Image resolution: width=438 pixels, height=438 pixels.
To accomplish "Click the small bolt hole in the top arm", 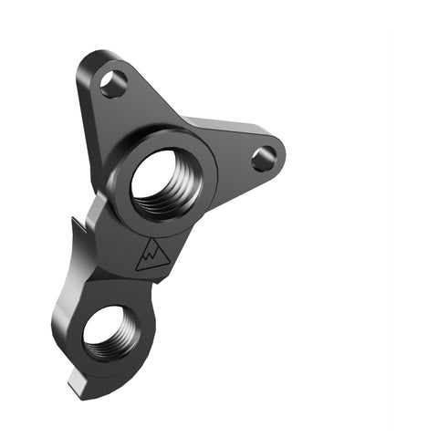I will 113,85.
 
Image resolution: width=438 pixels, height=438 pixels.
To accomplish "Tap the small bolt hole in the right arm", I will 263,159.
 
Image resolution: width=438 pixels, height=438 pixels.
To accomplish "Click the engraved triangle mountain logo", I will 151,256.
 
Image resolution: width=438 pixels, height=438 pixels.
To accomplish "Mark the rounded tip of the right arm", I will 281,157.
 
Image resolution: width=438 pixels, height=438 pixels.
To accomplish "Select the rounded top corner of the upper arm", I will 91,57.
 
